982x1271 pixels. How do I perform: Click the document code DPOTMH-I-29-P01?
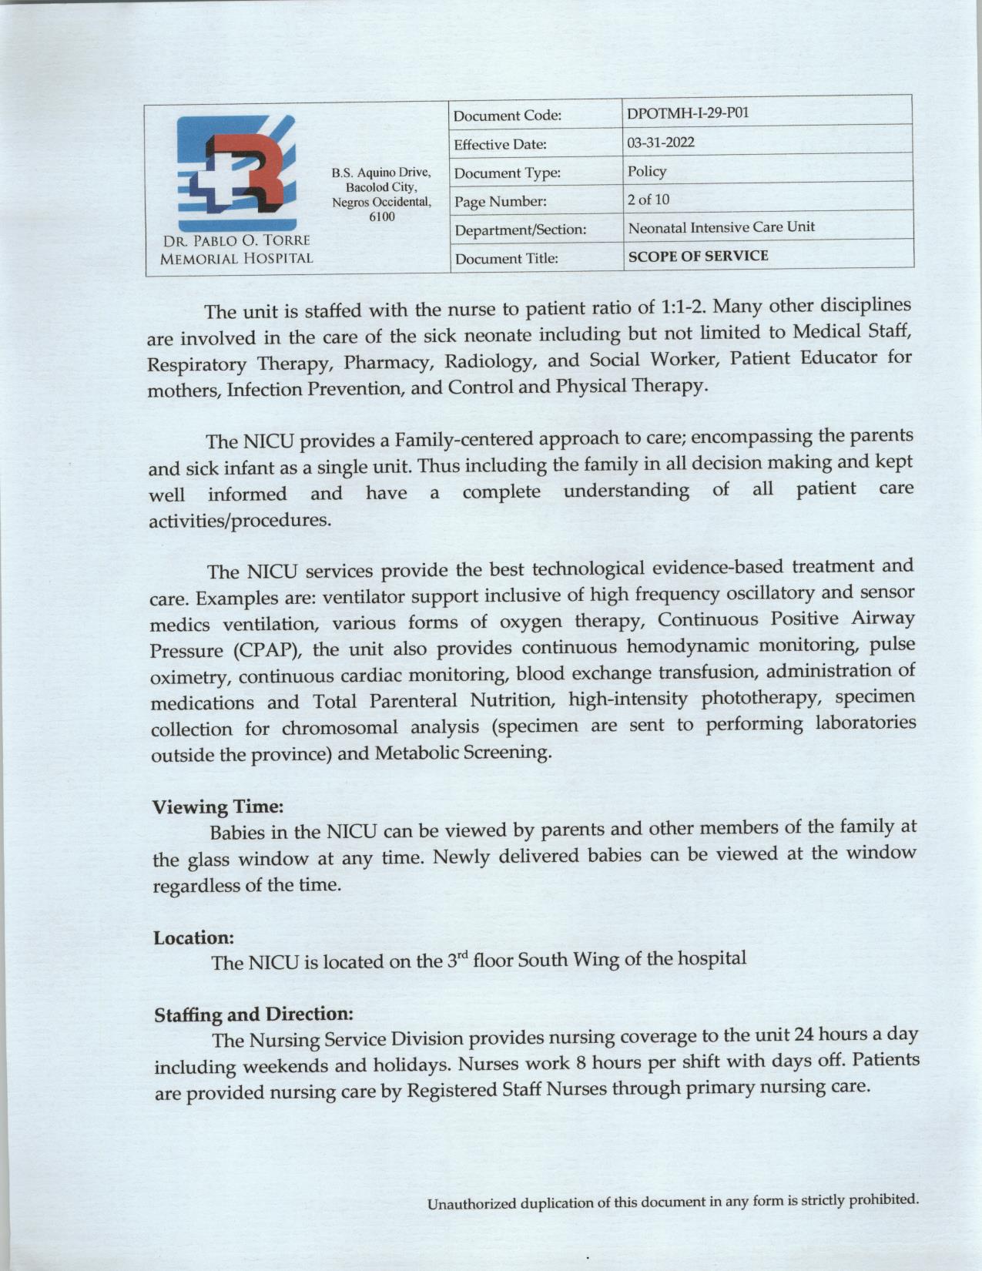[688, 113]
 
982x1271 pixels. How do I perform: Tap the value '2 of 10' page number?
[649, 200]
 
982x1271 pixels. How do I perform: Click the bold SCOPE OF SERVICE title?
[698, 257]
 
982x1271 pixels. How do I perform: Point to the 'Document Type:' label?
[507, 173]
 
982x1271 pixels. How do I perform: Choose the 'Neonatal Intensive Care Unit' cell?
[721, 228]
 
